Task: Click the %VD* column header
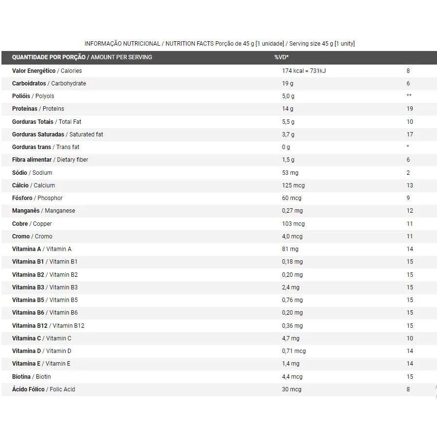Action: (281, 57)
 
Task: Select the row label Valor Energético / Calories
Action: (47, 71)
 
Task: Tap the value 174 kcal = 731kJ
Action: (303, 71)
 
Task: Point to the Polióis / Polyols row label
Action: (33, 96)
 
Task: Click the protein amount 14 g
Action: (287, 109)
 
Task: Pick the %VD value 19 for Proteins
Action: (410, 109)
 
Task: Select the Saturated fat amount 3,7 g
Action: (288, 134)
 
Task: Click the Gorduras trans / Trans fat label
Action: (46, 147)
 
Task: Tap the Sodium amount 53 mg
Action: (290, 173)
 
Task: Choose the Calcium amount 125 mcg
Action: (293, 185)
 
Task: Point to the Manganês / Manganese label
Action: (44, 211)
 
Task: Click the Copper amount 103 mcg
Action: (293, 224)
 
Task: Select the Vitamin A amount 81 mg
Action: (290, 249)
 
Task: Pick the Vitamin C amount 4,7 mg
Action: (290, 338)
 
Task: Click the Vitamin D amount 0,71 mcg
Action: (294, 351)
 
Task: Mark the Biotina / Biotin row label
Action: (32, 377)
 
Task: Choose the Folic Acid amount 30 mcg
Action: (291, 389)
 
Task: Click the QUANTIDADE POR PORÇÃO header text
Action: (49, 57)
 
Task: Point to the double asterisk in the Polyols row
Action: (409, 96)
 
